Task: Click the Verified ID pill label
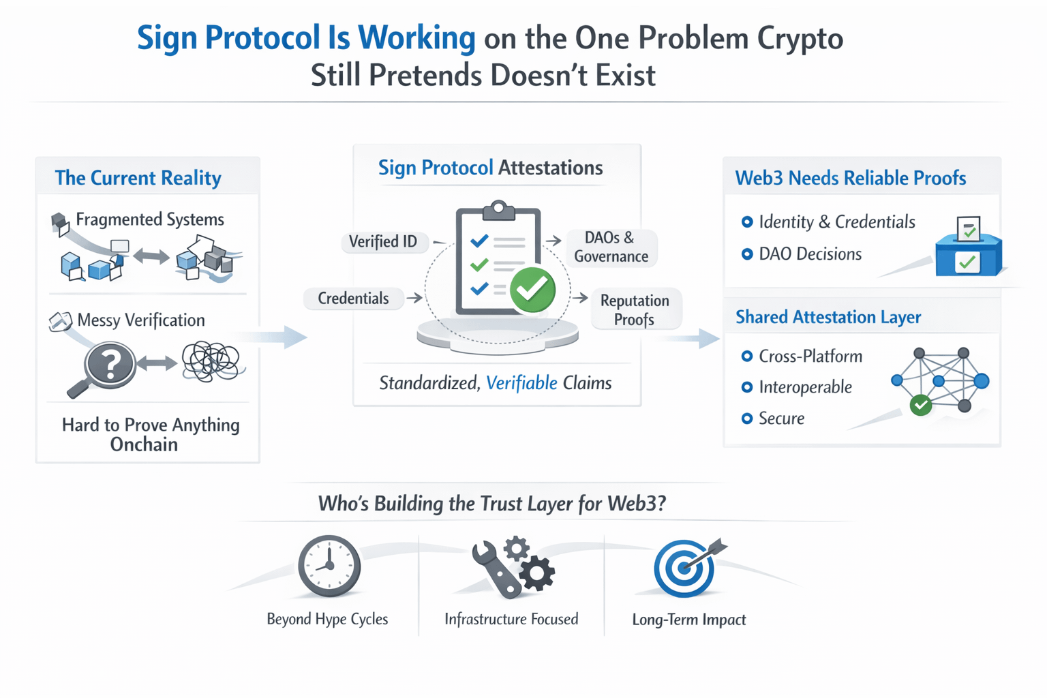pyautogui.click(x=384, y=242)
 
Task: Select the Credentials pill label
pyautogui.click(x=353, y=299)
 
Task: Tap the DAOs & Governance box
pyautogui.click(x=611, y=247)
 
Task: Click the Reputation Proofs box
pyautogui.click(x=635, y=310)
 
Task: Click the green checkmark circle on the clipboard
pyautogui.click(x=532, y=290)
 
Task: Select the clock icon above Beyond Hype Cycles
pyautogui.click(x=329, y=566)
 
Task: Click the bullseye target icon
pyautogui.click(x=685, y=567)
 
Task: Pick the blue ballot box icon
pyautogui.click(x=968, y=249)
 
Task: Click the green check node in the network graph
pyautogui.click(x=921, y=406)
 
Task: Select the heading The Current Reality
pyautogui.click(x=138, y=178)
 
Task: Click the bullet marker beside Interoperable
pyautogui.click(x=747, y=387)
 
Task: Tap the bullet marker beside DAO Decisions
pyautogui.click(x=747, y=254)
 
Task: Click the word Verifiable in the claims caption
pyautogui.click(x=521, y=383)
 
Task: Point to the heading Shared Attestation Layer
pyautogui.click(x=828, y=317)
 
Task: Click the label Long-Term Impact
pyautogui.click(x=688, y=620)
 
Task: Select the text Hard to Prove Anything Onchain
pyautogui.click(x=151, y=434)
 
